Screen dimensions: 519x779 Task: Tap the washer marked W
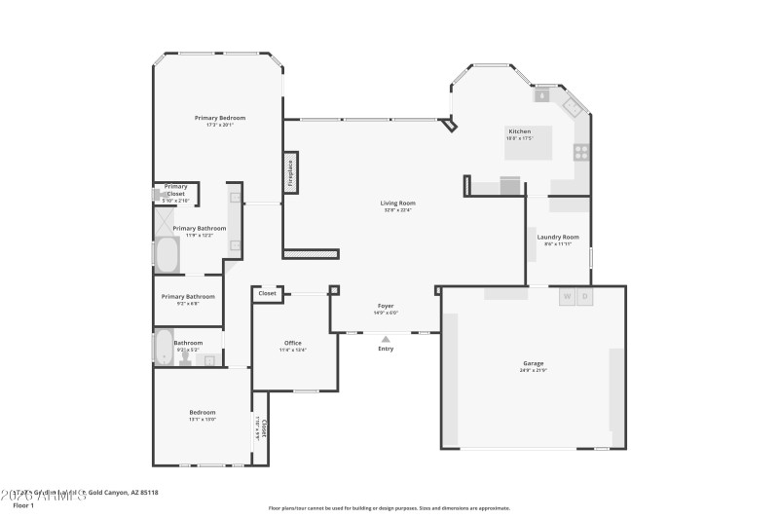click(567, 296)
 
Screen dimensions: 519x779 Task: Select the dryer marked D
click(584, 296)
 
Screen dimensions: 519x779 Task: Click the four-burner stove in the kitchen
click(581, 151)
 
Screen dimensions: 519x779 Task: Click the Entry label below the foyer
click(386, 349)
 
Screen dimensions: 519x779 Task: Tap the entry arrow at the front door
click(386, 338)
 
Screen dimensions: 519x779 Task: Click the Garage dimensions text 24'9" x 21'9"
click(533, 371)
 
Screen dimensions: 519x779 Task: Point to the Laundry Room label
click(558, 237)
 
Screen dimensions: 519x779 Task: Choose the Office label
click(292, 343)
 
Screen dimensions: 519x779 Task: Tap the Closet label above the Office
click(267, 292)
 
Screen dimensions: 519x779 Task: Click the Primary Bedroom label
click(219, 118)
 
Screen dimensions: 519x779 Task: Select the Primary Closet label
click(176, 190)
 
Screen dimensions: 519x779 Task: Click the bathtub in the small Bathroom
click(164, 349)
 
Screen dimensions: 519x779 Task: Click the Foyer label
click(386, 306)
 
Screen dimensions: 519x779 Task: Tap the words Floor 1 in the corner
click(23, 506)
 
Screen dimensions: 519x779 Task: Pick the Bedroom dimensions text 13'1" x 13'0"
click(202, 420)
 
